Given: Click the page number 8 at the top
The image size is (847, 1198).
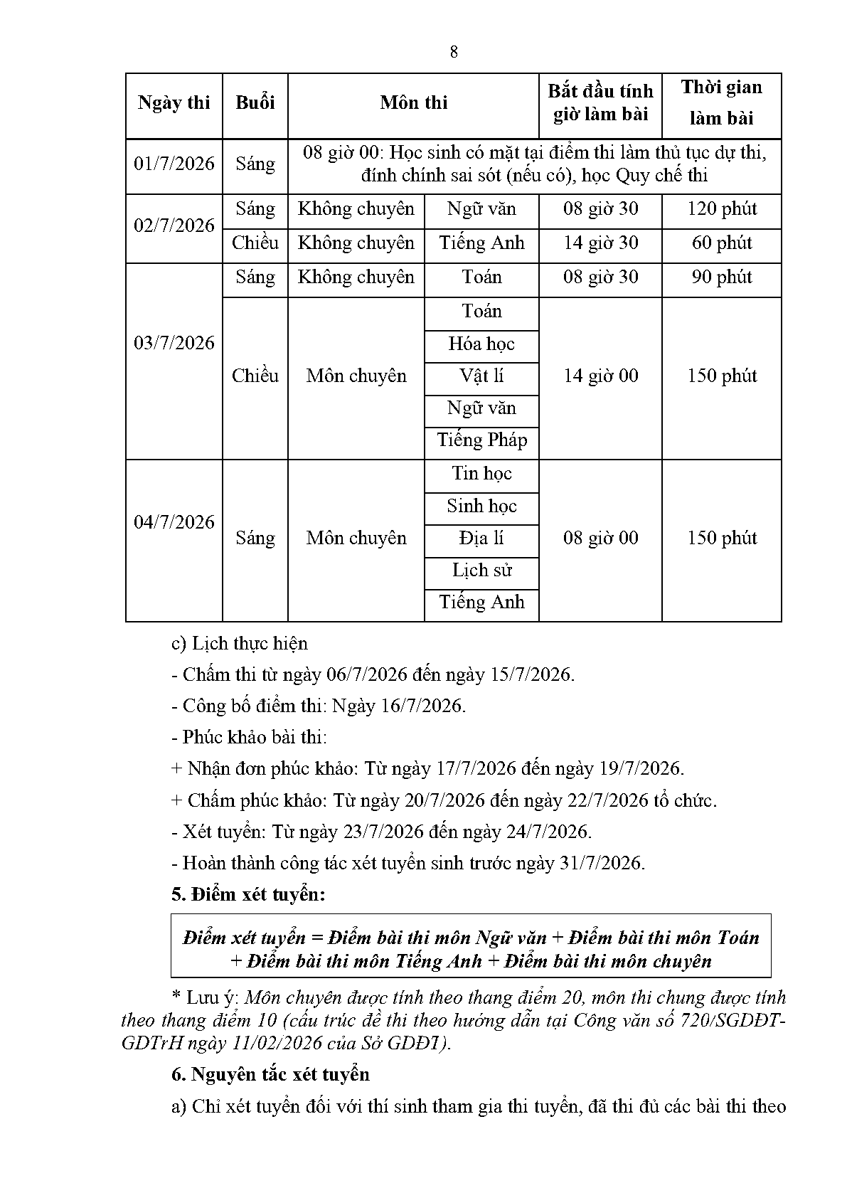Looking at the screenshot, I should pos(454,52).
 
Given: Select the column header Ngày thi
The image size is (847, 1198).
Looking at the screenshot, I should pos(174,103).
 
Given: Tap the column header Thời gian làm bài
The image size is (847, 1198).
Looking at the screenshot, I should pos(721,103).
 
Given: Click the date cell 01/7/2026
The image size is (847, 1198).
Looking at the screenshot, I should pos(174,164).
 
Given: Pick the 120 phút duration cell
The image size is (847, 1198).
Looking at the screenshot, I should pos(722,209).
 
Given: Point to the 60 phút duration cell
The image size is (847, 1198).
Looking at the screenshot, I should pos(722,243).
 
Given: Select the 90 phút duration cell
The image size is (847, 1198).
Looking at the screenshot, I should pos(722,277).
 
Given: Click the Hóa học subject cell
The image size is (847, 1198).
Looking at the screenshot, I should pos(481,344).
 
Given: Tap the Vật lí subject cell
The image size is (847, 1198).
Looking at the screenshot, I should pos(481,376).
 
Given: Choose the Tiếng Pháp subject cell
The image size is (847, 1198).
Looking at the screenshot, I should pos(481,440).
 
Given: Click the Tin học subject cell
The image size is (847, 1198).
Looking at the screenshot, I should pos(481,474).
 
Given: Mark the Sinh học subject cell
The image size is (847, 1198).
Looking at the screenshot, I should pos(481,507).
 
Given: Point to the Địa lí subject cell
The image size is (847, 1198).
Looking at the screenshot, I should pos(481,539).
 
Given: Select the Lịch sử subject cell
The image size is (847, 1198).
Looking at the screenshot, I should pos(481,571).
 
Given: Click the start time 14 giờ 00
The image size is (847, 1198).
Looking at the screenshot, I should pos(601,376).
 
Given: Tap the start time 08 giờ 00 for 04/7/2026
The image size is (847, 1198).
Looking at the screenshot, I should pos(601,539).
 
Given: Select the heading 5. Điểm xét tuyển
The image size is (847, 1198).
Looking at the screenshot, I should pos(248,895).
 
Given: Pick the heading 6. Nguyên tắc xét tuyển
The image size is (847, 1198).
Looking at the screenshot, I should pos(270,1074).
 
